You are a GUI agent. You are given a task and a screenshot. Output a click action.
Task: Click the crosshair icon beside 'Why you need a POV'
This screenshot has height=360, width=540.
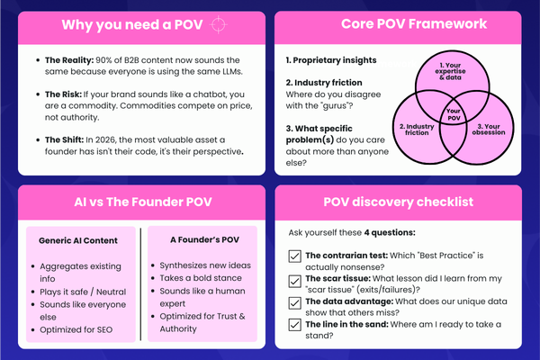[x=219, y=25]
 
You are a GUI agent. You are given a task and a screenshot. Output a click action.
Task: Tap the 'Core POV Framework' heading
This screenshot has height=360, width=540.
[x=414, y=23]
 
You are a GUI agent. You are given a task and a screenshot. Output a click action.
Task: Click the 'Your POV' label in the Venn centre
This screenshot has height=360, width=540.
[x=454, y=114]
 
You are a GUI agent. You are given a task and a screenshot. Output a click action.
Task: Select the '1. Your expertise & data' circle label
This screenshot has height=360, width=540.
[x=450, y=71]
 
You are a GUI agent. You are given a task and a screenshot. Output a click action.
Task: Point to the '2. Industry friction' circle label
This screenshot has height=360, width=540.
[x=417, y=130]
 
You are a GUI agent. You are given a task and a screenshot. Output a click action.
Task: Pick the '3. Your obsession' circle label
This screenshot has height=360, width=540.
[x=489, y=130]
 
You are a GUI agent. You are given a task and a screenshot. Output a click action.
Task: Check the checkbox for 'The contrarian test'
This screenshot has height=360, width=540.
[x=294, y=256]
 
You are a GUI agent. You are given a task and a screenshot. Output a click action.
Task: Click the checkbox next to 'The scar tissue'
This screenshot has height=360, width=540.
[x=294, y=281]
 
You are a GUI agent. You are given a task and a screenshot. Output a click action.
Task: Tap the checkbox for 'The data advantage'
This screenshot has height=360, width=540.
[x=294, y=303]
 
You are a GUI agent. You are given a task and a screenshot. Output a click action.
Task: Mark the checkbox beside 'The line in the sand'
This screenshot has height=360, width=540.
[x=294, y=325]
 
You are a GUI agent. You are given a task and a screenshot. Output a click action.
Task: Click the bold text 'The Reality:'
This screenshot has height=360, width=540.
[x=69, y=60]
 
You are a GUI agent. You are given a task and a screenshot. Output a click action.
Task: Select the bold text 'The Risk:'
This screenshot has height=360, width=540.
[x=63, y=94]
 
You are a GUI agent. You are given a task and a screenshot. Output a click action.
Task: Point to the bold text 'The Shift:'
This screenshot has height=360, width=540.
[x=65, y=139]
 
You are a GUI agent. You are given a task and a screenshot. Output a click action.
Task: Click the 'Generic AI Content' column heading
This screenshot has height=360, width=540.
[x=78, y=240]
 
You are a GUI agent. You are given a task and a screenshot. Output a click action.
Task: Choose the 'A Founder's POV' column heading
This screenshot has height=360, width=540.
[x=204, y=239]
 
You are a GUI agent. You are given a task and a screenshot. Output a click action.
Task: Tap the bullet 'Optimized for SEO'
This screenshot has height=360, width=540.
[x=76, y=329]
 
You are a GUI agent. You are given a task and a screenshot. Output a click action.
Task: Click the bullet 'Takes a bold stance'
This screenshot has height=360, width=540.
[x=201, y=278]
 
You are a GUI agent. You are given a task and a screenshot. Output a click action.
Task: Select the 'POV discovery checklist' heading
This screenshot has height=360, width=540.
[x=399, y=202]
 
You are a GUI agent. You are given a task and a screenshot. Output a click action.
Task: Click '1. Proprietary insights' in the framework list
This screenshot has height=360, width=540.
[x=331, y=60]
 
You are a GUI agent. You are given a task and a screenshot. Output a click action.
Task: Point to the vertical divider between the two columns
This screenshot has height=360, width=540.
[x=141, y=283]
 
